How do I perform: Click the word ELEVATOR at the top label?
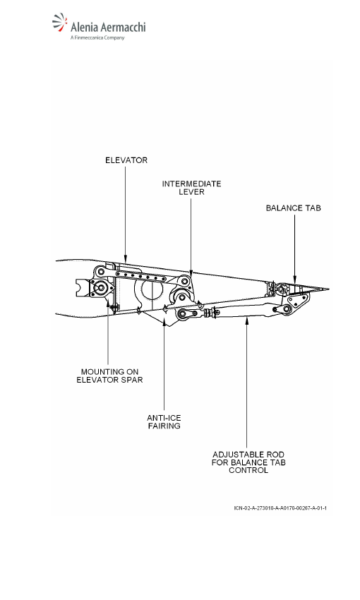pos(126,160)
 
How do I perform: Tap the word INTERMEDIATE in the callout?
pos(191,184)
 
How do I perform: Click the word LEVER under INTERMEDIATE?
pos(191,192)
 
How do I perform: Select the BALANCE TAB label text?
pos(294,208)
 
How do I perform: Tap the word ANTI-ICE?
pos(164,418)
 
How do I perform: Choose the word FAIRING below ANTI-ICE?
pos(164,426)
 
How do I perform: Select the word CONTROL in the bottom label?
pos(248,470)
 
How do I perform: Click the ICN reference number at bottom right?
pos(280,508)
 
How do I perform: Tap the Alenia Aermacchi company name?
pos(108,27)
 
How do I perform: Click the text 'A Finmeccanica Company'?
pos(97,37)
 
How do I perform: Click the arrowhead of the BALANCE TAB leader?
pos(294,281)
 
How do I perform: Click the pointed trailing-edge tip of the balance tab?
pos(328,289)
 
